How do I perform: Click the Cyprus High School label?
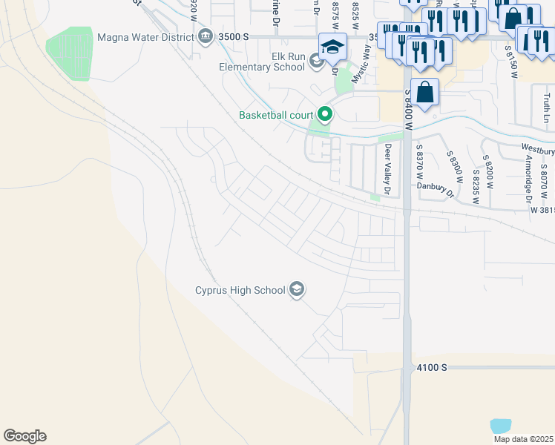pos(240,290)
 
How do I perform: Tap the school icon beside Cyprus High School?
pos(297,289)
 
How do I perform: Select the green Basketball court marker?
pos(324,114)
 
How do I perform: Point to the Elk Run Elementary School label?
pos(262,61)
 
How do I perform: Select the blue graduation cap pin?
pos(333,47)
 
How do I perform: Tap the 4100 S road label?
pos(432,367)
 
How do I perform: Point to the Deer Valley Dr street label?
pos(387,170)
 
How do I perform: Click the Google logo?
pos(24,436)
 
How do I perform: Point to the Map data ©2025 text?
pos(522,439)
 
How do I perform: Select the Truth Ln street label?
pos(546,108)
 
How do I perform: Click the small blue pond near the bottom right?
pos(501,426)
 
